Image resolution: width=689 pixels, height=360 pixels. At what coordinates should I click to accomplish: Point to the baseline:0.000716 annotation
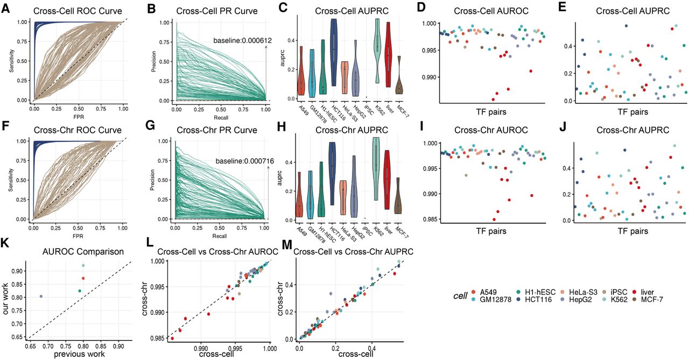(x=240, y=160)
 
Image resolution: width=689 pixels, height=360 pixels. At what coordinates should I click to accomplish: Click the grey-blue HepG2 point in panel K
(x=41, y=297)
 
